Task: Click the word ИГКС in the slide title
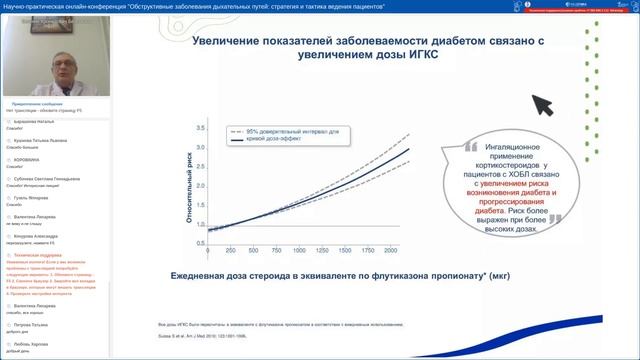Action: pyautogui.click(x=419, y=57)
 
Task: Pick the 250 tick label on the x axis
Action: pyautogui.click(x=231, y=250)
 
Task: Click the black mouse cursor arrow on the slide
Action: pyautogui.click(x=543, y=103)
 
